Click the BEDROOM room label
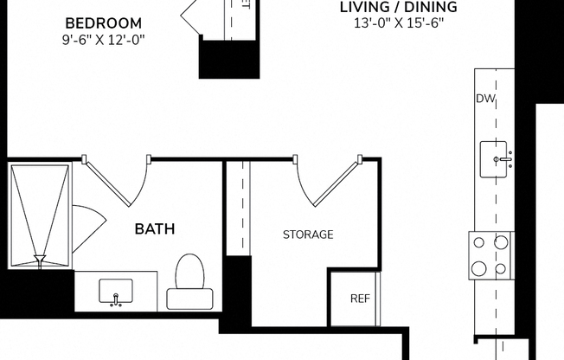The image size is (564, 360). tap(104, 22)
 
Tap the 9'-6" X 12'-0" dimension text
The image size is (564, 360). tap(104, 39)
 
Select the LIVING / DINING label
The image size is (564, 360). tap(398, 8)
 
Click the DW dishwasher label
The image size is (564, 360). tap(484, 99)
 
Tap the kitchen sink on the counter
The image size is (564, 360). tap(497, 158)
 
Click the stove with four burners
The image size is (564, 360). tap(490, 256)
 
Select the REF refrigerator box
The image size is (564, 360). tap(359, 298)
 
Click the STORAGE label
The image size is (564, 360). tap(308, 235)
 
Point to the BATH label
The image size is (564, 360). tap(155, 229)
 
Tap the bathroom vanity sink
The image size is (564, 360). tap(116, 290)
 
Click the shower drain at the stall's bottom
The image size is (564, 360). tap(40, 257)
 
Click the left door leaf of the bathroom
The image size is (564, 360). tap(104, 182)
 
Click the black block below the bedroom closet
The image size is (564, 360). tap(229, 59)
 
